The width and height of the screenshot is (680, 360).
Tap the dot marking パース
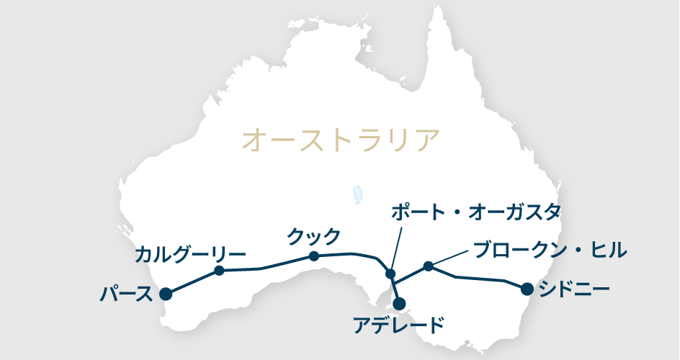(x=166, y=293)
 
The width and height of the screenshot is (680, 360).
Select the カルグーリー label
(x=190, y=254)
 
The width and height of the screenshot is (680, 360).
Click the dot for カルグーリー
(x=220, y=271)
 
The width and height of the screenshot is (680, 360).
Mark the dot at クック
(x=314, y=256)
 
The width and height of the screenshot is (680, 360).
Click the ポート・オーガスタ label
(x=475, y=212)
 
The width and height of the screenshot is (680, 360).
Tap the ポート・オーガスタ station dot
(x=390, y=274)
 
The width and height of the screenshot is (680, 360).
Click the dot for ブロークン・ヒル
(x=428, y=266)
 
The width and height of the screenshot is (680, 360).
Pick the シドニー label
(x=574, y=290)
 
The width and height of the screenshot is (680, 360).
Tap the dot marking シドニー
(x=527, y=289)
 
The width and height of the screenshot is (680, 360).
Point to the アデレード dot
(x=398, y=303)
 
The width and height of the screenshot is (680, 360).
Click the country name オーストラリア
(x=340, y=140)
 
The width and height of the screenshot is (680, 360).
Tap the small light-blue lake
(x=357, y=194)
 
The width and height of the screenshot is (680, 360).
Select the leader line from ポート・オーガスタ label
(x=395, y=246)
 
